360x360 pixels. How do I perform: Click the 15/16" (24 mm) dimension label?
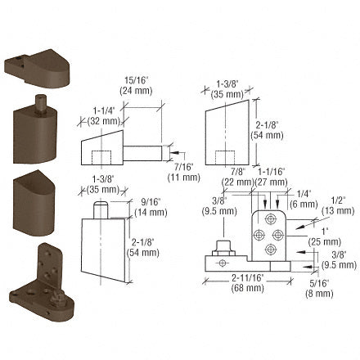coord(136,85)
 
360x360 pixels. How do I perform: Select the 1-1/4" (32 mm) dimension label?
coord(104,116)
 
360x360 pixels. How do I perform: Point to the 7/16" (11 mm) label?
coord(184,173)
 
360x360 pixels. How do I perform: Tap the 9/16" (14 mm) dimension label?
coord(151,207)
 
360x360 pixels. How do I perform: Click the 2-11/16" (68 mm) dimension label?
coord(248,283)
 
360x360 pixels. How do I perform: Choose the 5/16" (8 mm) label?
coord(319,288)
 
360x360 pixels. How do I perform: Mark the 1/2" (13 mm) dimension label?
coord(338,205)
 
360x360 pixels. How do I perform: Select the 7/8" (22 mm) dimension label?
coord(238,177)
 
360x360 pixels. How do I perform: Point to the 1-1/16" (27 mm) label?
coord(272,177)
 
